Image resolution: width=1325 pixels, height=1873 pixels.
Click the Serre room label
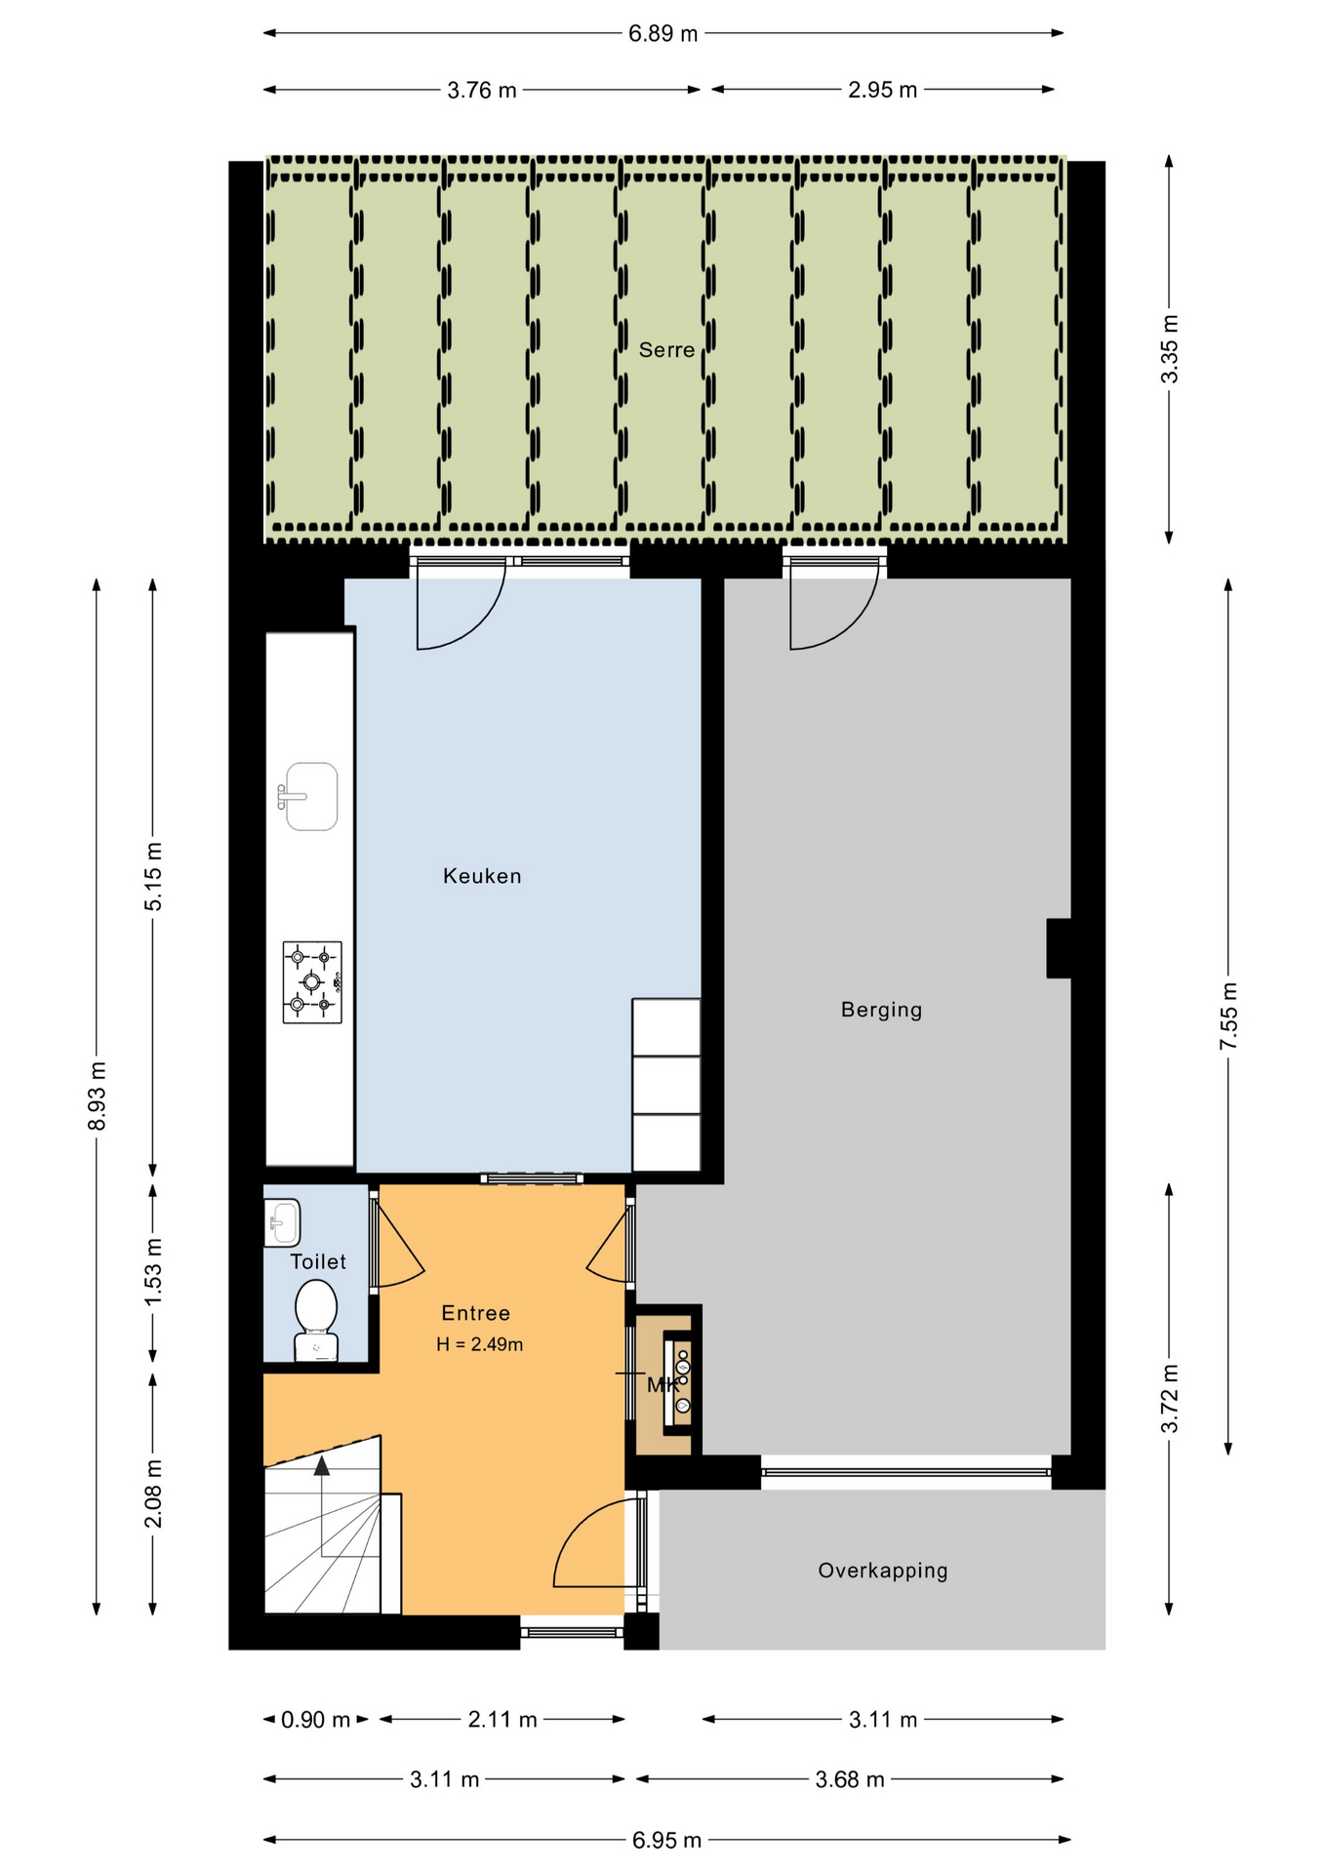point(666,350)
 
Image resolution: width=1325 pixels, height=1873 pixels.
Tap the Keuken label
point(482,876)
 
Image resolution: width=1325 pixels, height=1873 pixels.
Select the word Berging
point(881,1010)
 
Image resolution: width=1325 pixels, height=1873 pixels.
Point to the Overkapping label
point(883,1571)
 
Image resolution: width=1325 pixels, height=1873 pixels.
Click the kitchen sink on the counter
point(308,796)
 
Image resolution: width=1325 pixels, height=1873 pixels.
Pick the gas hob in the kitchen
point(312,981)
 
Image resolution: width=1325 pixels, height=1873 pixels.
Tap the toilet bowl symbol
point(316,1320)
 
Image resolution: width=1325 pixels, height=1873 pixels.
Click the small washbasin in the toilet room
point(282,1222)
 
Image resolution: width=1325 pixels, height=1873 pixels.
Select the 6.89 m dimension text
point(663,34)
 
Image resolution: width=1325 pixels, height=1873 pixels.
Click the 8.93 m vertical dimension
point(97,1096)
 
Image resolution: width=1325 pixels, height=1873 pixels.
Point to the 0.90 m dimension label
point(315,1720)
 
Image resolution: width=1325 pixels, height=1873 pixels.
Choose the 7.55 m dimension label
point(1228,1016)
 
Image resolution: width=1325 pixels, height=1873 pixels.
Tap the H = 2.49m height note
point(479,1344)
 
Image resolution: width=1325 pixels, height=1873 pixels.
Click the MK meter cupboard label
point(662,1384)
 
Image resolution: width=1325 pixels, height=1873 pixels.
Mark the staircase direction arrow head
point(322,1464)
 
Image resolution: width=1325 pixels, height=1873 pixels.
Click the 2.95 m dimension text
point(882,90)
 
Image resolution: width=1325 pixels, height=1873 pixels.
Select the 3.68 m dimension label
point(850,1779)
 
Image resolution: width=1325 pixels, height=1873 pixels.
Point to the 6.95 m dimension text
point(666,1840)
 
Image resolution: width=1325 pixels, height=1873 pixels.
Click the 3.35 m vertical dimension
point(1169,349)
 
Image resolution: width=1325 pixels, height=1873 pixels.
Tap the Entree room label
point(475,1313)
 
